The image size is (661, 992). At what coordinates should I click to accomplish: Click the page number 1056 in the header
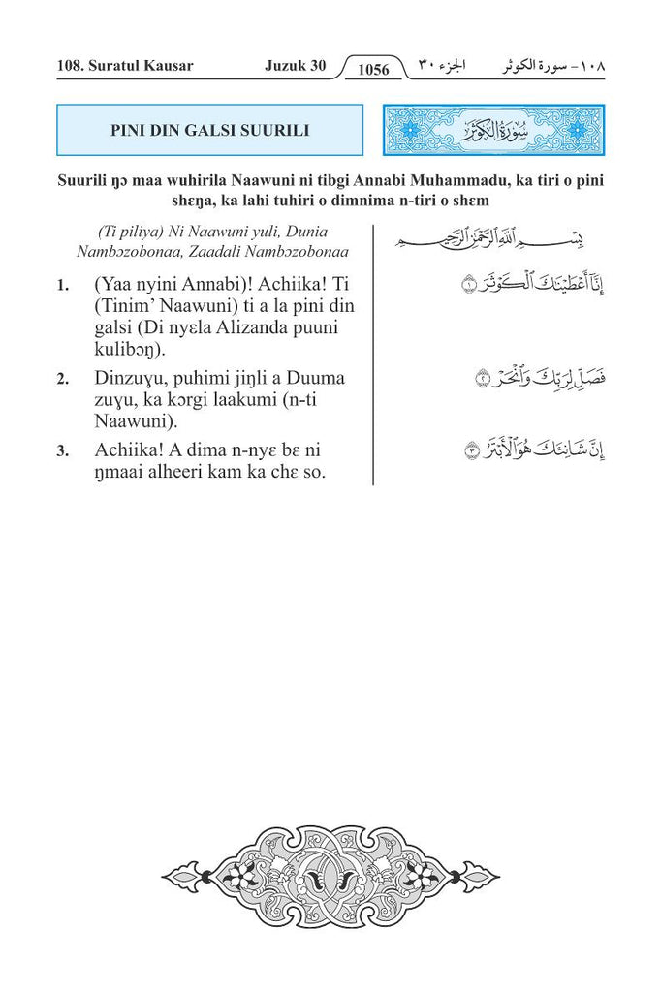pos(373,69)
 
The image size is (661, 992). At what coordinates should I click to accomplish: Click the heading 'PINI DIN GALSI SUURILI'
pos(209,130)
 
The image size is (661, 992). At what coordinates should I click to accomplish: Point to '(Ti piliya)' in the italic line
pos(123,232)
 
